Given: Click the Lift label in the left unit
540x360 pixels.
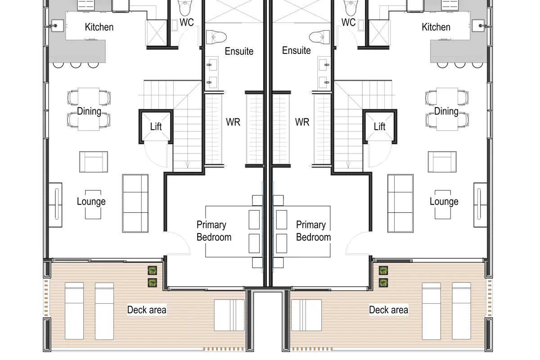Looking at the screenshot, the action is pyautogui.click(x=156, y=126).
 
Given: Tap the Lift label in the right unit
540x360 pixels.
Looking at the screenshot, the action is pyautogui.click(x=379, y=126).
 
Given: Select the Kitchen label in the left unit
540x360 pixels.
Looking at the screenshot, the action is pyautogui.click(x=99, y=27).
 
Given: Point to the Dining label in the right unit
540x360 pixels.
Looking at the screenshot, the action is pyautogui.click(x=446, y=112).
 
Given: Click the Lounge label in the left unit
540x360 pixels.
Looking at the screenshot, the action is pyautogui.click(x=91, y=202).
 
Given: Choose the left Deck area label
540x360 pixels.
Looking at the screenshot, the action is pyautogui.click(x=147, y=310).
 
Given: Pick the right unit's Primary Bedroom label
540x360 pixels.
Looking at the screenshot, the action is pyautogui.click(x=313, y=231).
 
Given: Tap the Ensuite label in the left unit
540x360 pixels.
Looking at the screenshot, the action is pyautogui.click(x=239, y=51).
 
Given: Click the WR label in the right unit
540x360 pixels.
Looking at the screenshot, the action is pyautogui.click(x=302, y=122).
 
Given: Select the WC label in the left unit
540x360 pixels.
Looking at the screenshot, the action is pyautogui.click(x=187, y=22).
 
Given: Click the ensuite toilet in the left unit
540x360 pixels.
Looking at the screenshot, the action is pyautogui.click(x=216, y=37).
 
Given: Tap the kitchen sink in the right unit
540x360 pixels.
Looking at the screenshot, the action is pyautogui.click(x=478, y=26).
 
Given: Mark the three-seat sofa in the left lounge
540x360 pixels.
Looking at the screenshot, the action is pyautogui.click(x=135, y=203).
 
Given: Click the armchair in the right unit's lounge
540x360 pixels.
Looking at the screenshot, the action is pyautogui.click(x=442, y=162).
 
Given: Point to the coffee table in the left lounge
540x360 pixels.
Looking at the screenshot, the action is pyautogui.click(x=93, y=204).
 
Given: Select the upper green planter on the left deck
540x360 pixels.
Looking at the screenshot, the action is pyautogui.click(x=153, y=270).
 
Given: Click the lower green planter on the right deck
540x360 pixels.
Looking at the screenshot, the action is pyautogui.click(x=383, y=282).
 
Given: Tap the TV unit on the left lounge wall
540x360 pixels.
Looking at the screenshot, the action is pyautogui.click(x=55, y=205).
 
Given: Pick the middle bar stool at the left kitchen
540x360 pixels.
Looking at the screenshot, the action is pyautogui.click(x=76, y=65).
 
